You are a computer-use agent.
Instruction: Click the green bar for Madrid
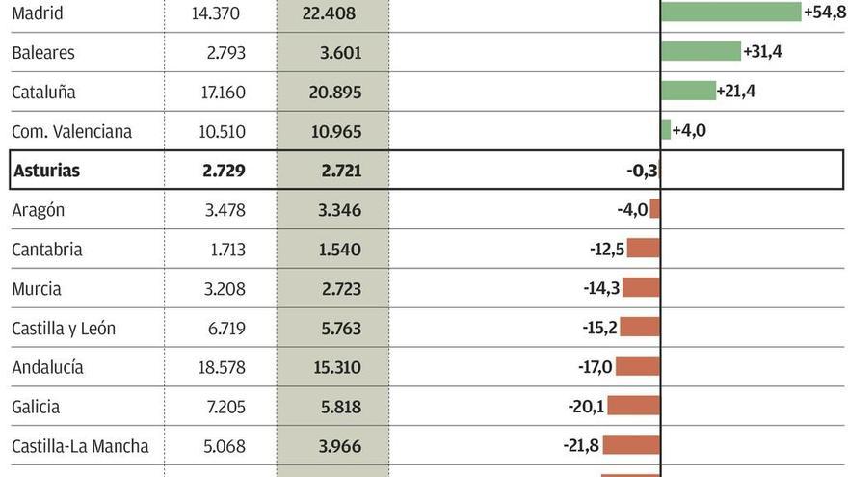click(x=730, y=12)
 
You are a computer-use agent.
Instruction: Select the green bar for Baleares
click(x=701, y=51)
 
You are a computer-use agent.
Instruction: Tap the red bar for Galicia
click(x=634, y=406)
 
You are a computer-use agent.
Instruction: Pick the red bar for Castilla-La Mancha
click(x=631, y=445)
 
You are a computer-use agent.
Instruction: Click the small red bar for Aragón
click(x=655, y=209)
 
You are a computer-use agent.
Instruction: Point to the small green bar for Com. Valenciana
click(x=666, y=130)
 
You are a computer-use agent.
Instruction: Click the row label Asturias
click(x=45, y=171)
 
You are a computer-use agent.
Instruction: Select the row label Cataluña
click(x=43, y=93)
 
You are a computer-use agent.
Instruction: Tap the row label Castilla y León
click(x=64, y=329)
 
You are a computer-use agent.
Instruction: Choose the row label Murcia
click(x=37, y=289)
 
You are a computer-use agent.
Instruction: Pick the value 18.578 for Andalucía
click(x=219, y=368)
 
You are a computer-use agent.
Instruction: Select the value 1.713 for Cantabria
click(x=225, y=250)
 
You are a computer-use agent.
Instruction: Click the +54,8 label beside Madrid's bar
click(x=824, y=12)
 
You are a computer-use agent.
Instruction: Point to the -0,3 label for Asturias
click(x=642, y=171)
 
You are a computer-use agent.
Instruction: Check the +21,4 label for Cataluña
click(x=736, y=91)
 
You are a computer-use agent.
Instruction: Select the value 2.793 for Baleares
click(x=225, y=53)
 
